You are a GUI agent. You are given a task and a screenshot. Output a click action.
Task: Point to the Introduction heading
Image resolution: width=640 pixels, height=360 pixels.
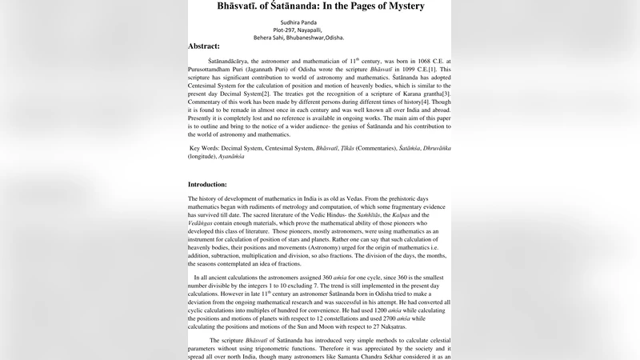tap(207, 184)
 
